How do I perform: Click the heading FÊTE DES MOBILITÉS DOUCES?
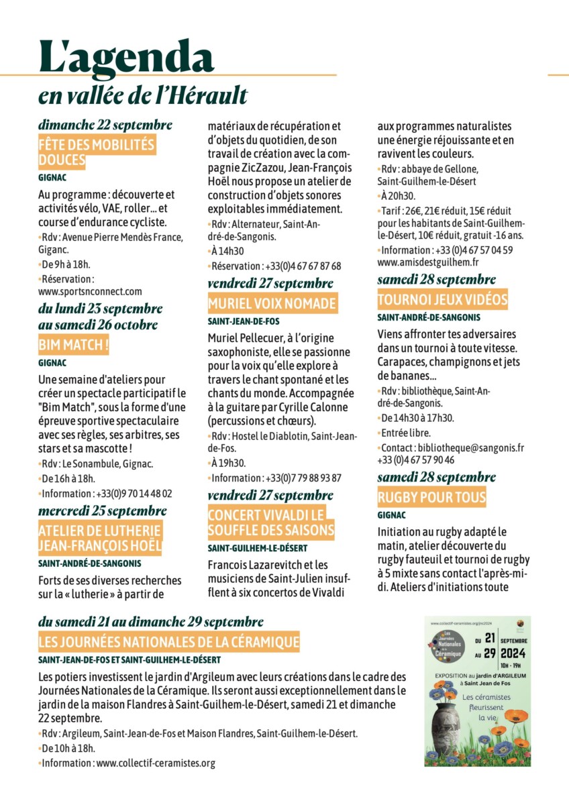(x=96, y=152)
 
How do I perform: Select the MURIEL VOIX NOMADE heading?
(x=272, y=304)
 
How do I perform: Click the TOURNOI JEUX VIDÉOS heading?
(x=442, y=300)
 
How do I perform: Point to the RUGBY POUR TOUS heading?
(x=431, y=498)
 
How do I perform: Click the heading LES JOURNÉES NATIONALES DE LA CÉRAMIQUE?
(x=169, y=642)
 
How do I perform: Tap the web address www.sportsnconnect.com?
(x=91, y=291)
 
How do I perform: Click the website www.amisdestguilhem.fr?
(x=428, y=262)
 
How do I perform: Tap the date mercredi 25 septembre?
(x=103, y=511)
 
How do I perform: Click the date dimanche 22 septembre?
(x=105, y=125)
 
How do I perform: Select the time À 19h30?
(x=228, y=463)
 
